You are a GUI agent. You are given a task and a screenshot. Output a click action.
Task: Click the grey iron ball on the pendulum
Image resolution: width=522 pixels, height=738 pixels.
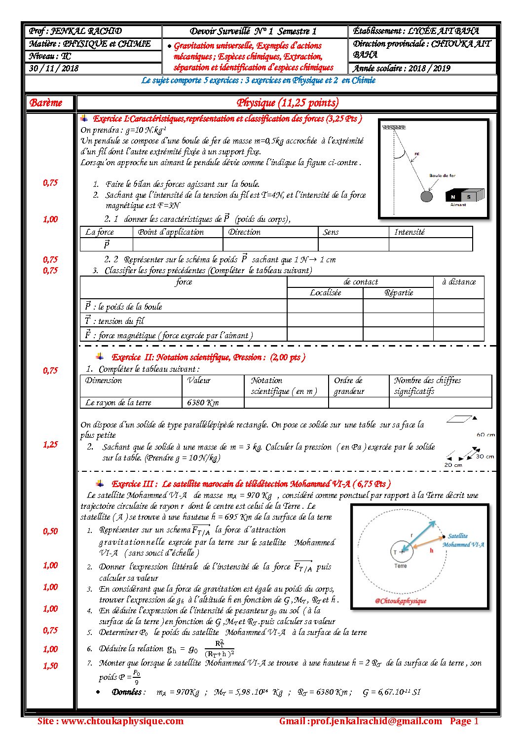coord(426,197)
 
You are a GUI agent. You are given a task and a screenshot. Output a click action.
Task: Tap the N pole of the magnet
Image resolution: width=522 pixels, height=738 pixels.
coord(453,197)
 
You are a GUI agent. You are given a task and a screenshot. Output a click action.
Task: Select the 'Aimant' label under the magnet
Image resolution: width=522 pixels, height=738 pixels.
coord(458,205)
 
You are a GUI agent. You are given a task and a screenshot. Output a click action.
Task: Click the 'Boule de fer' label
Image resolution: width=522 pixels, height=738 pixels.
coord(442,176)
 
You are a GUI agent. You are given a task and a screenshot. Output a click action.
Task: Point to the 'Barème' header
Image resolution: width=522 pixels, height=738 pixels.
coord(46,103)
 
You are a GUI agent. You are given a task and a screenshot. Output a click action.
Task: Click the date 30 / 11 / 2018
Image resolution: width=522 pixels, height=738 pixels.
coord(54,69)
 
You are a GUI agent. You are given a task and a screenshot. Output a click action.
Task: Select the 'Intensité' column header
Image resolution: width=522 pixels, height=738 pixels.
coord(409,232)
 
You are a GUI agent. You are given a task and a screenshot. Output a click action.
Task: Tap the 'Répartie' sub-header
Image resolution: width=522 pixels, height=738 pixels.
coord(399,293)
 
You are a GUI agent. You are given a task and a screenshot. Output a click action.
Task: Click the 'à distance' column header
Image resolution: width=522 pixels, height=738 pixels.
coord(459,282)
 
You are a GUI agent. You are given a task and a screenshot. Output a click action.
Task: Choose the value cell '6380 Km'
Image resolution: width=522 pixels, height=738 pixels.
coord(203,402)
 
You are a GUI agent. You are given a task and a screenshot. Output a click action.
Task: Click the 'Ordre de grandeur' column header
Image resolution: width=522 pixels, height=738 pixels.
coord(349,386)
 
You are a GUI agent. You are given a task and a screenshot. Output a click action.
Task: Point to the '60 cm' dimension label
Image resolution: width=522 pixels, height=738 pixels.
coord(485,435)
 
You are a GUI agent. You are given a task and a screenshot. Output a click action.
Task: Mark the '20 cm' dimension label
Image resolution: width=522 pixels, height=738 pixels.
coord(453,465)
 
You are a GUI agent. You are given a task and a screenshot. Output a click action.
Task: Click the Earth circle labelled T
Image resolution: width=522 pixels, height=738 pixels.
coord(401,552)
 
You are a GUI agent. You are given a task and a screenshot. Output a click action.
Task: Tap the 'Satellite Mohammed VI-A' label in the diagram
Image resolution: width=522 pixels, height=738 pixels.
coord(463,540)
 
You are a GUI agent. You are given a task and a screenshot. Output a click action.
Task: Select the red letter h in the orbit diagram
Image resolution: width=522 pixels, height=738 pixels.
coord(431,551)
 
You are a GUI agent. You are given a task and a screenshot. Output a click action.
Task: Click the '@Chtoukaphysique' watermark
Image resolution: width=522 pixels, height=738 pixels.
coord(400,601)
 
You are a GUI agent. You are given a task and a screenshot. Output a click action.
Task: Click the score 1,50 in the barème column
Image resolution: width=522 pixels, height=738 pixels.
coord(50,666)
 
